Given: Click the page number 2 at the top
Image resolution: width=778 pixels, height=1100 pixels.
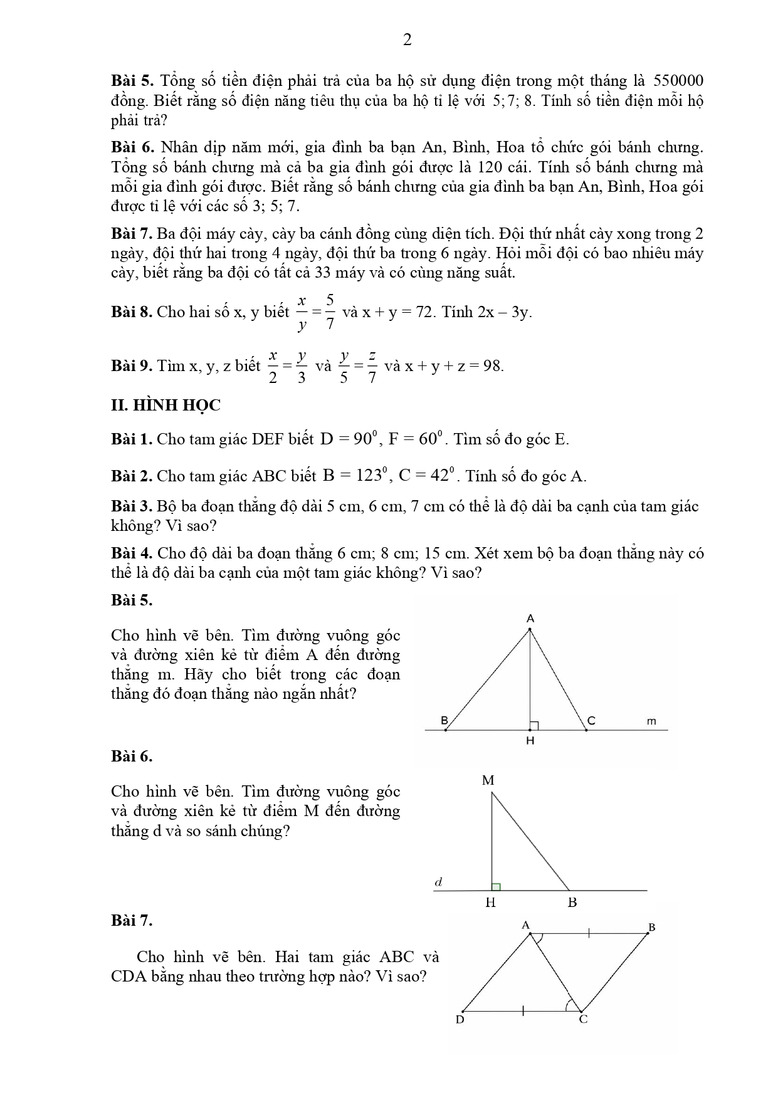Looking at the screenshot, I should (407, 40).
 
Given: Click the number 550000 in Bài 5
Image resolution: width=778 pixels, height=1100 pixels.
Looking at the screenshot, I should (678, 81).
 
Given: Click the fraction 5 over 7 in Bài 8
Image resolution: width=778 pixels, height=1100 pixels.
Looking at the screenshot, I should (330, 312).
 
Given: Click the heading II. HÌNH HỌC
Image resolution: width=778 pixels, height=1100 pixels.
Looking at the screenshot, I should (166, 406).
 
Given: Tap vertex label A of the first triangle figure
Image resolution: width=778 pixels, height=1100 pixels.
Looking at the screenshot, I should (530, 619).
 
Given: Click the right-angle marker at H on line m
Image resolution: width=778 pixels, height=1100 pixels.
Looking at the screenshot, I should (534, 725).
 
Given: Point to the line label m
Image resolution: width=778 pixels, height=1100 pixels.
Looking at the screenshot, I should (651, 721).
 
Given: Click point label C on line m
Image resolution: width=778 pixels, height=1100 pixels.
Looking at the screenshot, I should (591, 721).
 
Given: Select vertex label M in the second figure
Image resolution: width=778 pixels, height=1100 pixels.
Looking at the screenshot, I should (488, 780).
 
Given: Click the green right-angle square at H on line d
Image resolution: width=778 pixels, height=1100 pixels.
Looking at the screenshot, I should (496, 886).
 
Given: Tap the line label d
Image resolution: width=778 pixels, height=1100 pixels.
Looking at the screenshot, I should (439, 883).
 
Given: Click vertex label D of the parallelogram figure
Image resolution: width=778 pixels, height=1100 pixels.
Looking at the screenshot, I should (460, 1020).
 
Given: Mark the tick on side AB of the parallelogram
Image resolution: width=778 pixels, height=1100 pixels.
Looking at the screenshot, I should (589, 933).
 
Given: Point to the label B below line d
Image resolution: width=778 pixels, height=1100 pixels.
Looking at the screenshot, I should (572, 903).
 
